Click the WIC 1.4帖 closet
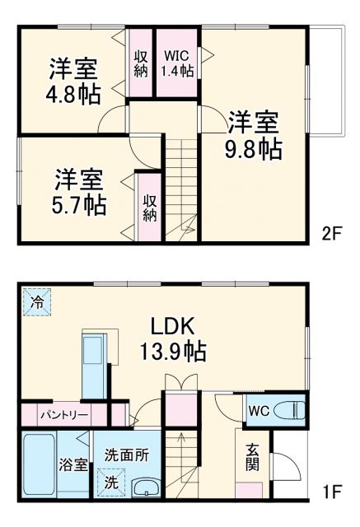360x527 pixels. pyautogui.click(x=178, y=63)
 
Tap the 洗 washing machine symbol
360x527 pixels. pyautogui.click(x=110, y=483)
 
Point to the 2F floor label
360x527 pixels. pyautogui.click(x=330, y=233)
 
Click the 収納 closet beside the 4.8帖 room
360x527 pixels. pyautogui.click(x=141, y=63)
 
